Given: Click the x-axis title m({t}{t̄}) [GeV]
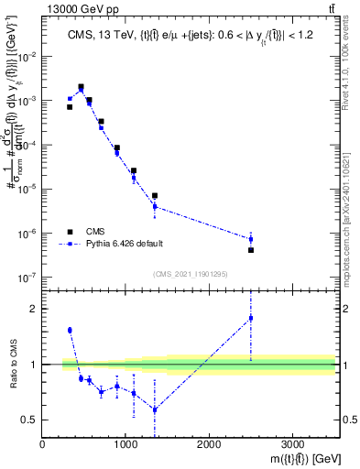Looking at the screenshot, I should coord(298,459).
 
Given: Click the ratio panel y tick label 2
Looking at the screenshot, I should coord(34,309).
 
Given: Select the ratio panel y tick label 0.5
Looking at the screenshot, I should coord(29,420).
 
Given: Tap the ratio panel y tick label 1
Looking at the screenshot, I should coord(34,365).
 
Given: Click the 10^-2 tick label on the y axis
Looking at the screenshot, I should coord(28,57).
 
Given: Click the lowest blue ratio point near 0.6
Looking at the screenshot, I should coord(155,409).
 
